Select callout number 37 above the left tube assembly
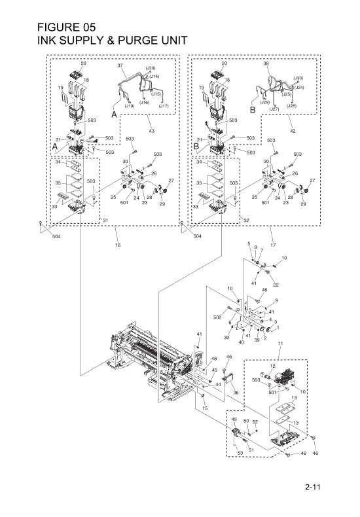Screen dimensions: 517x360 [120, 66]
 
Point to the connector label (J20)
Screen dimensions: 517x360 [150, 68]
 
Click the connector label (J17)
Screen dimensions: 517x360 [164, 105]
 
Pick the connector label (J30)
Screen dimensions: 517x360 [298, 79]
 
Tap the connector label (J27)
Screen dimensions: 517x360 [276, 109]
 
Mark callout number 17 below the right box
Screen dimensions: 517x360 [272, 245]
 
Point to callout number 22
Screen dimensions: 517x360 [276, 285]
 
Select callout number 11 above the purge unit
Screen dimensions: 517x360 [279, 344]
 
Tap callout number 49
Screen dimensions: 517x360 [234, 419]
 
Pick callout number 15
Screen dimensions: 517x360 [205, 408]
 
